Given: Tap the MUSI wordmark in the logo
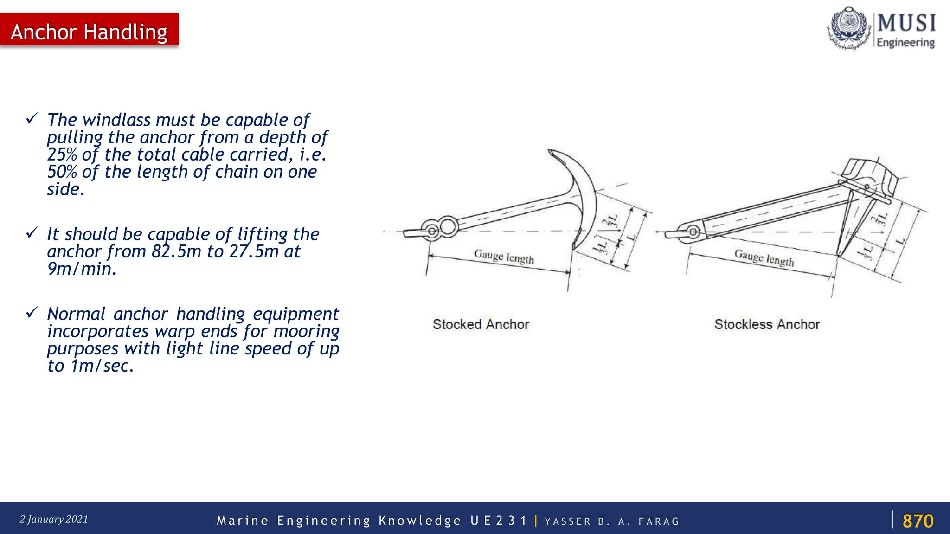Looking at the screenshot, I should click(906, 23).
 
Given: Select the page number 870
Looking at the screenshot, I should click(918, 521).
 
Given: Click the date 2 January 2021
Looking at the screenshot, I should click(54, 519).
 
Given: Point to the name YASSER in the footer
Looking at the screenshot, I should click(568, 521).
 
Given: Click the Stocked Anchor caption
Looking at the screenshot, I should click(481, 324).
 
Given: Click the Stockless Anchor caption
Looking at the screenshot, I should click(767, 324).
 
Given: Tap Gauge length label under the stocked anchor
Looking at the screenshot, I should click(504, 256).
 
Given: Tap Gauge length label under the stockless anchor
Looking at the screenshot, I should click(764, 257).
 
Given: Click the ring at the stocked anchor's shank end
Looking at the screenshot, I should click(448, 226).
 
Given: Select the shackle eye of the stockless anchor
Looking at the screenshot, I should click(693, 232).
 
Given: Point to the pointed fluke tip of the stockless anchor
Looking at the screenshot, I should click(839, 253).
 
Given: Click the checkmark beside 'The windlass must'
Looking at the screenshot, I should click(32, 118).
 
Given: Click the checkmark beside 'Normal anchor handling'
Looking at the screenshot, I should click(32, 312).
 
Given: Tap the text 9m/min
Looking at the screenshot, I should click(82, 269).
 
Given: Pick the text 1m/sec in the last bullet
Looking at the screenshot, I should click(102, 366).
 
